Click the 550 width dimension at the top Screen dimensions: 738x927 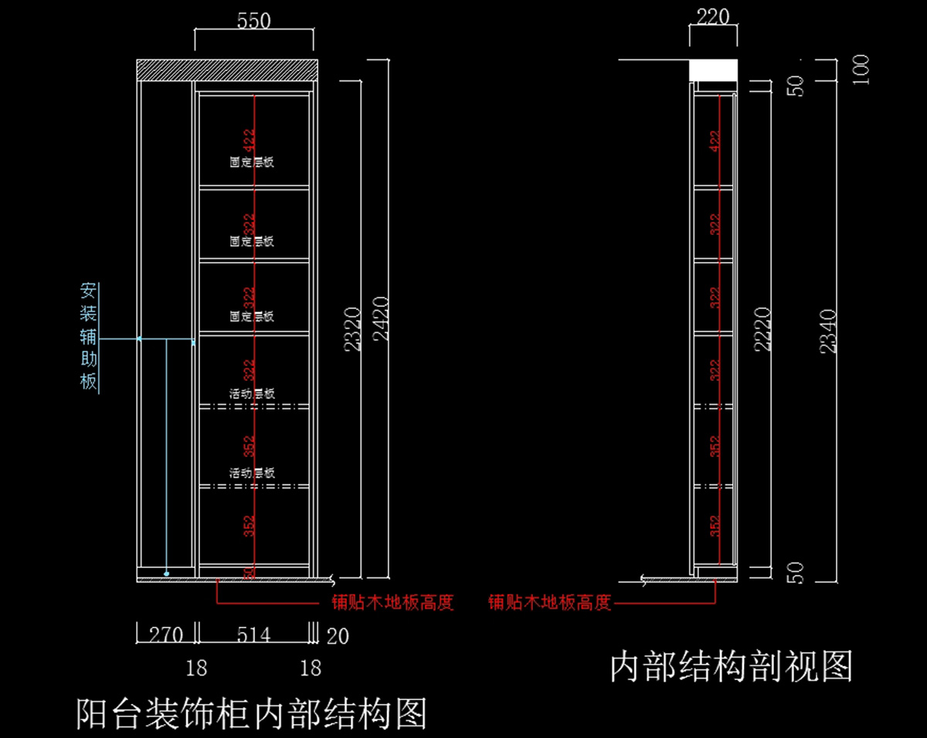(x=253, y=21)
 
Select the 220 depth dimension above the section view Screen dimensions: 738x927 (x=713, y=16)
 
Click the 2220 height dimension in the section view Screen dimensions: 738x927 (x=762, y=329)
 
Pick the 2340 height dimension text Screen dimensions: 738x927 (x=828, y=331)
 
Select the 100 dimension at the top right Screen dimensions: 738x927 (x=861, y=70)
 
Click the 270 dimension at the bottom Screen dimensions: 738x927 (x=165, y=635)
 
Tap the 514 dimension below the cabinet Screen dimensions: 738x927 (x=253, y=635)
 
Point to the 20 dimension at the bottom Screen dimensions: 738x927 (x=338, y=636)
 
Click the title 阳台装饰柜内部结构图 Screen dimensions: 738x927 (x=252, y=713)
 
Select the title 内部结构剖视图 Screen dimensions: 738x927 (x=731, y=666)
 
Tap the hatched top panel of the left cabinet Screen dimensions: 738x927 (x=227, y=70)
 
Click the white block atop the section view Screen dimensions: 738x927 (x=713, y=70)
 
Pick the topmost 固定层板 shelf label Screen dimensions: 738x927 (x=252, y=163)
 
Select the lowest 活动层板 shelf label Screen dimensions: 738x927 (x=252, y=473)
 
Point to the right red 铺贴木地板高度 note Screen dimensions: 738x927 (x=549, y=603)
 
